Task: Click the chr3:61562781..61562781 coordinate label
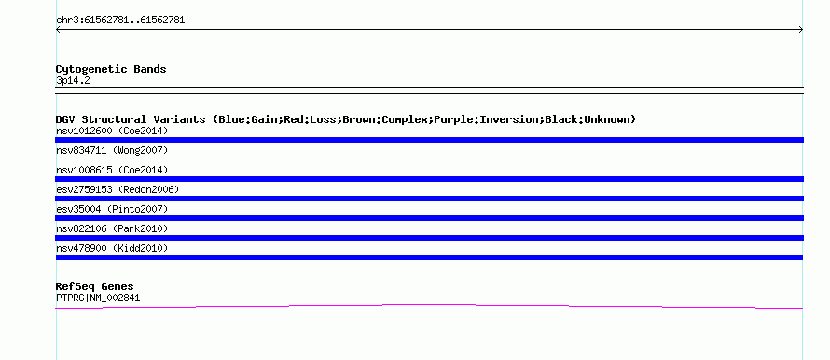(120, 21)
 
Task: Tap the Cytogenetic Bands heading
(111, 69)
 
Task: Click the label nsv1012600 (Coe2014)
(112, 131)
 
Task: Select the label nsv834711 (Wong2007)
(112, 150)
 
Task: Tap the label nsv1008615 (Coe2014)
(112, 170)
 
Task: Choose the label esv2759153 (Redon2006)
(118, 189)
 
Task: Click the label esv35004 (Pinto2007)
(112, 209)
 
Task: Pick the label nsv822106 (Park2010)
(112, 228)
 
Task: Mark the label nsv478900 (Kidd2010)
(112, 248)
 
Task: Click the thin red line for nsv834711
(429, 159)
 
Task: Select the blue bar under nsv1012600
(429, 140)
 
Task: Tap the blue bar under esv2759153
(429, 199)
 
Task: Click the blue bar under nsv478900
(429, 257)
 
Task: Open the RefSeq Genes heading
(95, 286)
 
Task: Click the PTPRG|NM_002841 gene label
(98, 298)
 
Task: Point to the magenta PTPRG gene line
(429, 304)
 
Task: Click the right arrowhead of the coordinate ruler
(801, 30)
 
